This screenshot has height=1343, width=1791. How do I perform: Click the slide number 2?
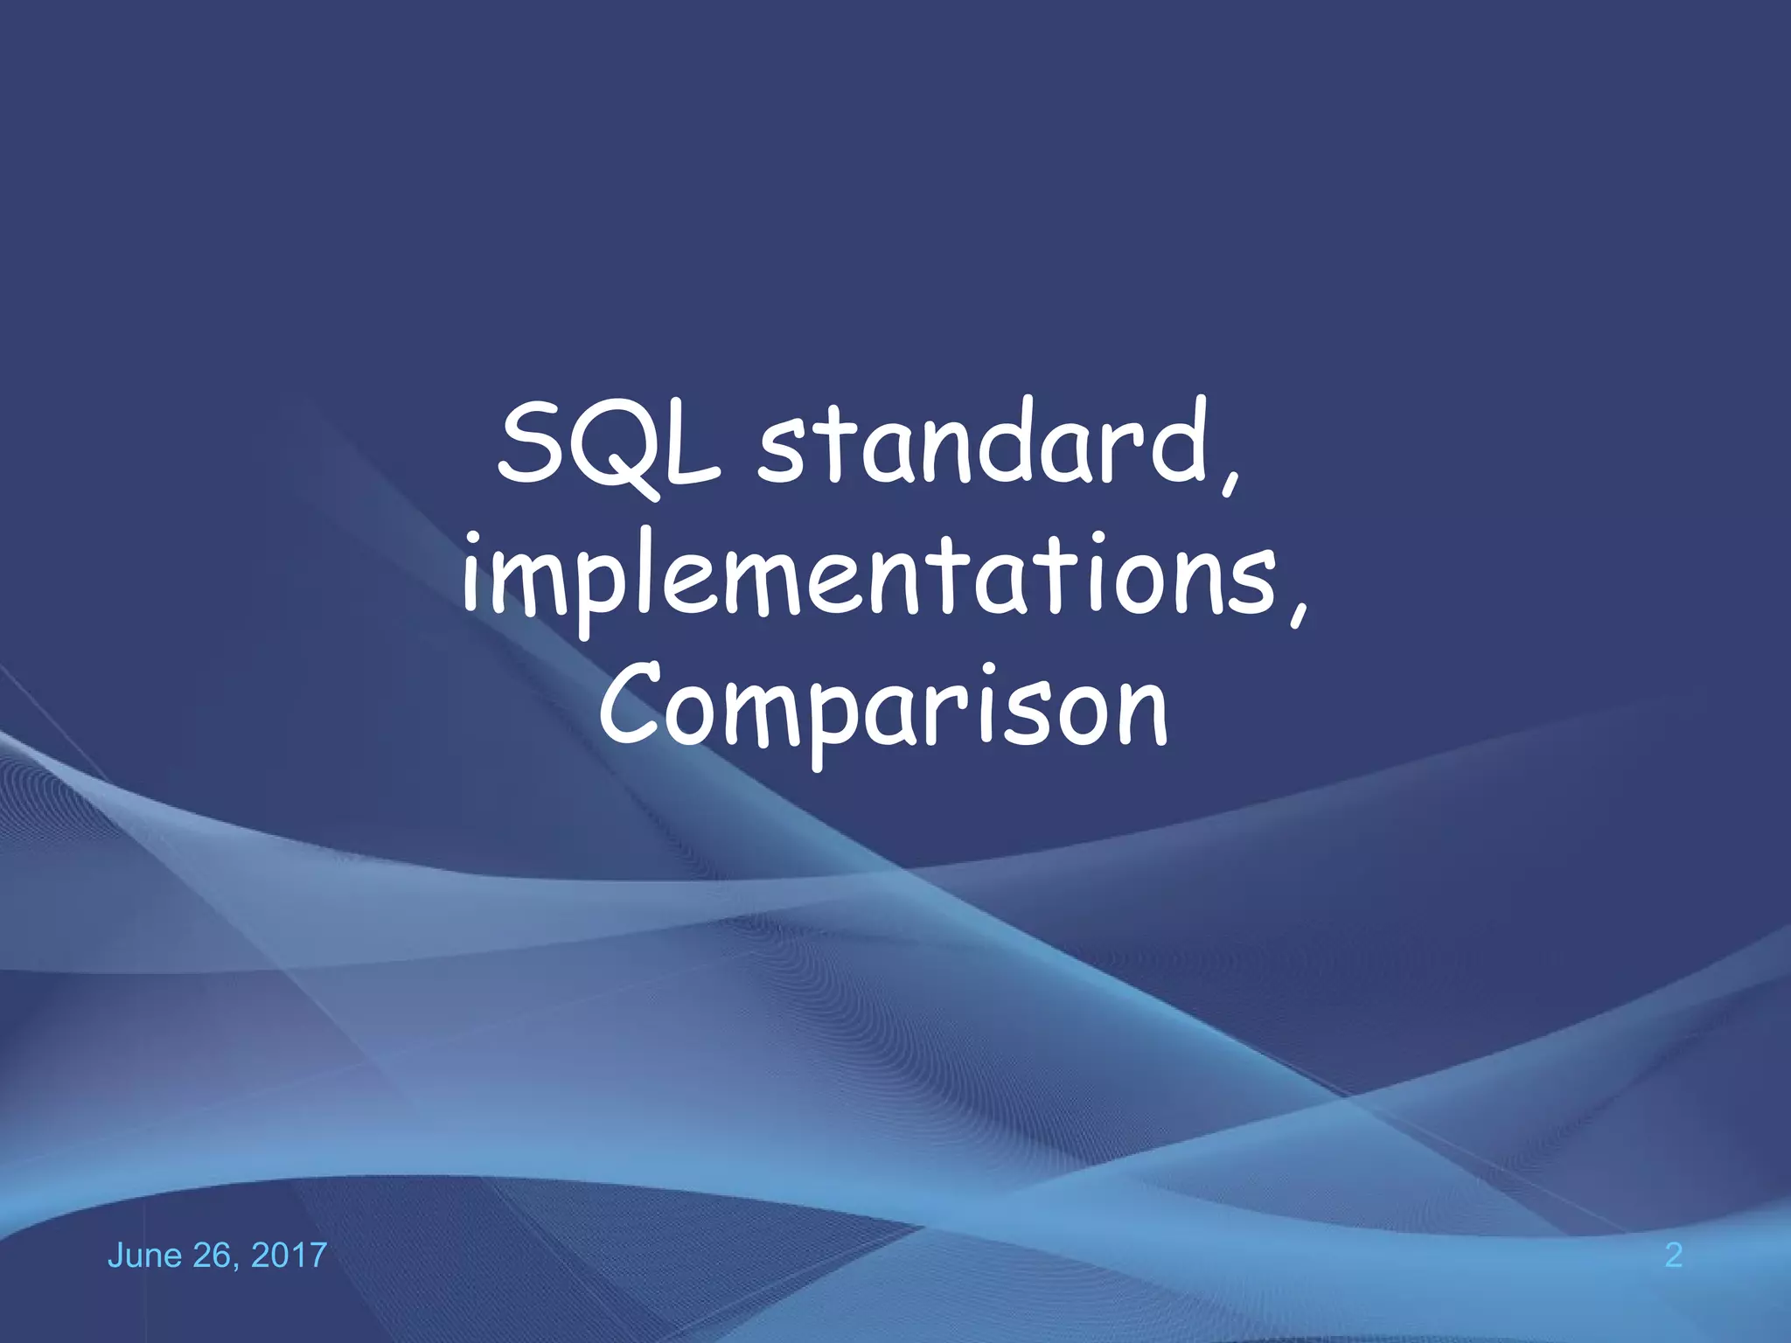pos(1673,1256)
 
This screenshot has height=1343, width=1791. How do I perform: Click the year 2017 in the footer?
pos(289,1256)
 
